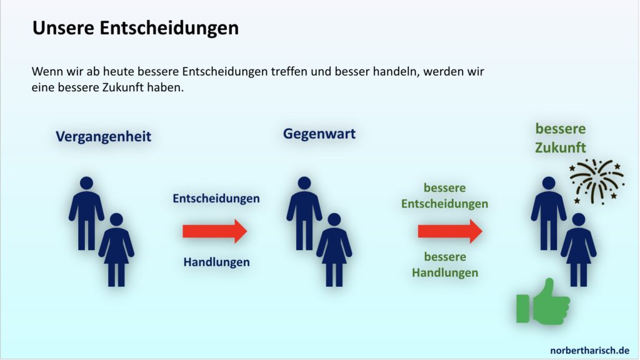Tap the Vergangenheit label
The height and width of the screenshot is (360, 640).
[x=103, y=136]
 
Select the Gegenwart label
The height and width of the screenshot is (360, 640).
[x=319, y=134]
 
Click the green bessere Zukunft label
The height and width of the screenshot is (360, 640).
[x=561, y=138]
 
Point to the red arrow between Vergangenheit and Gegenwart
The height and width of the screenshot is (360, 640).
[x=215, y=231]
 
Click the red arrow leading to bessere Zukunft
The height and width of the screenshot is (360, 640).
[x=450, y=231]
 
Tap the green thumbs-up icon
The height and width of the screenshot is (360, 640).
[x=543, y=302]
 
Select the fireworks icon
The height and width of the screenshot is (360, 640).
[x=597, y=181]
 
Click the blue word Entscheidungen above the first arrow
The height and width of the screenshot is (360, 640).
[x=216, y=198]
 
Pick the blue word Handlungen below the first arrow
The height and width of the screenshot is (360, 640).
[x=216, y=262]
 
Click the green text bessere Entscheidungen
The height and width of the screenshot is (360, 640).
[x=444, y=196]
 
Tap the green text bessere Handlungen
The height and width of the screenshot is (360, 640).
[x=445, y=264]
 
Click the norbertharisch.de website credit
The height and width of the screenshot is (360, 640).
[x=589, y=350]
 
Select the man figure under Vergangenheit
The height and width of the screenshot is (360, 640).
[x=86, y=213]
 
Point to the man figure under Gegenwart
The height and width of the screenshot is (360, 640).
[x=304, y=213]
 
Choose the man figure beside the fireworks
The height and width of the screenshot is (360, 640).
[x=549, y=213]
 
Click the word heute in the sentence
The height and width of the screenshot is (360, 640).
[x=118, y=71]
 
